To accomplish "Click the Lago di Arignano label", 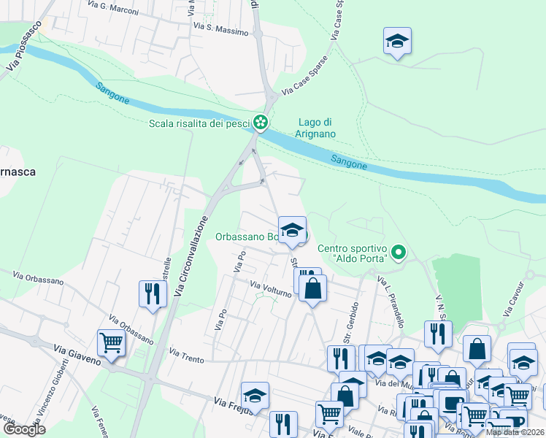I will [316, 128].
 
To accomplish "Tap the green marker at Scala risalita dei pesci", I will [260, 123].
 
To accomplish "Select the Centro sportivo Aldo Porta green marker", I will [398, 253].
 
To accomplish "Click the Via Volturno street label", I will [271, 289].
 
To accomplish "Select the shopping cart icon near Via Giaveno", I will [111, 341].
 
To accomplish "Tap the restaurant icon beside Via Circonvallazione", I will [153, 293].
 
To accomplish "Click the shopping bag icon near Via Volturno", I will [313, 287].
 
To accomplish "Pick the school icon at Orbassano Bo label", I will [292, 229].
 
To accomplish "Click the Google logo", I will [24, 429].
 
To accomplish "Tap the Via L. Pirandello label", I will [391, 300].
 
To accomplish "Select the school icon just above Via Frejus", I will [255, 395].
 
